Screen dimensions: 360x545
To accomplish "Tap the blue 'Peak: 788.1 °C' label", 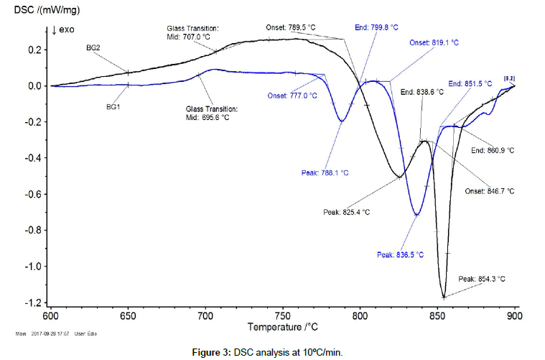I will point(325,172).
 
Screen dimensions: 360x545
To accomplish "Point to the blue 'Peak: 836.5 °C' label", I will point(400,254).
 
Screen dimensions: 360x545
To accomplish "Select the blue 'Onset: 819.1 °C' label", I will point(434,42).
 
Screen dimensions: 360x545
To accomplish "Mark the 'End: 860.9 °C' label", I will point(493,150).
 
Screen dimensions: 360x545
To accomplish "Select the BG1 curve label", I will point(113,106).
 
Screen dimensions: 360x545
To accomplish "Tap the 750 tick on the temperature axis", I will point(283,315).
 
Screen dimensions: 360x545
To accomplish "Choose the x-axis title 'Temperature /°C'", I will point(283,327).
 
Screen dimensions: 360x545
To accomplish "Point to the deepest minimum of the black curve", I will point(444,296).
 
